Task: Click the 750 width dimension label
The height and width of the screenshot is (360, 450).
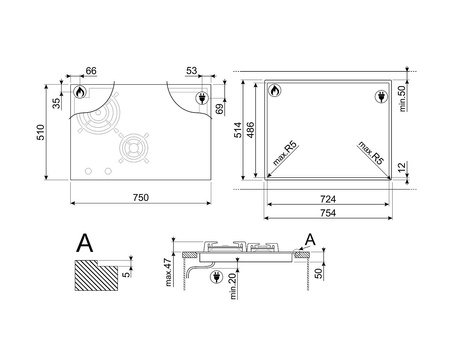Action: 141,198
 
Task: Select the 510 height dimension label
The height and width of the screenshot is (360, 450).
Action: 40,132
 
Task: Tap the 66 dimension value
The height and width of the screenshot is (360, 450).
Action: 91,71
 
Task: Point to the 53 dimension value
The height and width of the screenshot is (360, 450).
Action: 192,71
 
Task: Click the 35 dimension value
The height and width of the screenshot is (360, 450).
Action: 57,103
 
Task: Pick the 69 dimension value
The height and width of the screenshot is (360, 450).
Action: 219,109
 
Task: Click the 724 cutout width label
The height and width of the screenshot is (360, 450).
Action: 328,199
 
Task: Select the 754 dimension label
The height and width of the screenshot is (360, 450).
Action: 328,213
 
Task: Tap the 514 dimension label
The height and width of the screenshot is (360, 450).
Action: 238,130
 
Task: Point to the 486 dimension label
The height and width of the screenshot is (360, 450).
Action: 250,130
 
